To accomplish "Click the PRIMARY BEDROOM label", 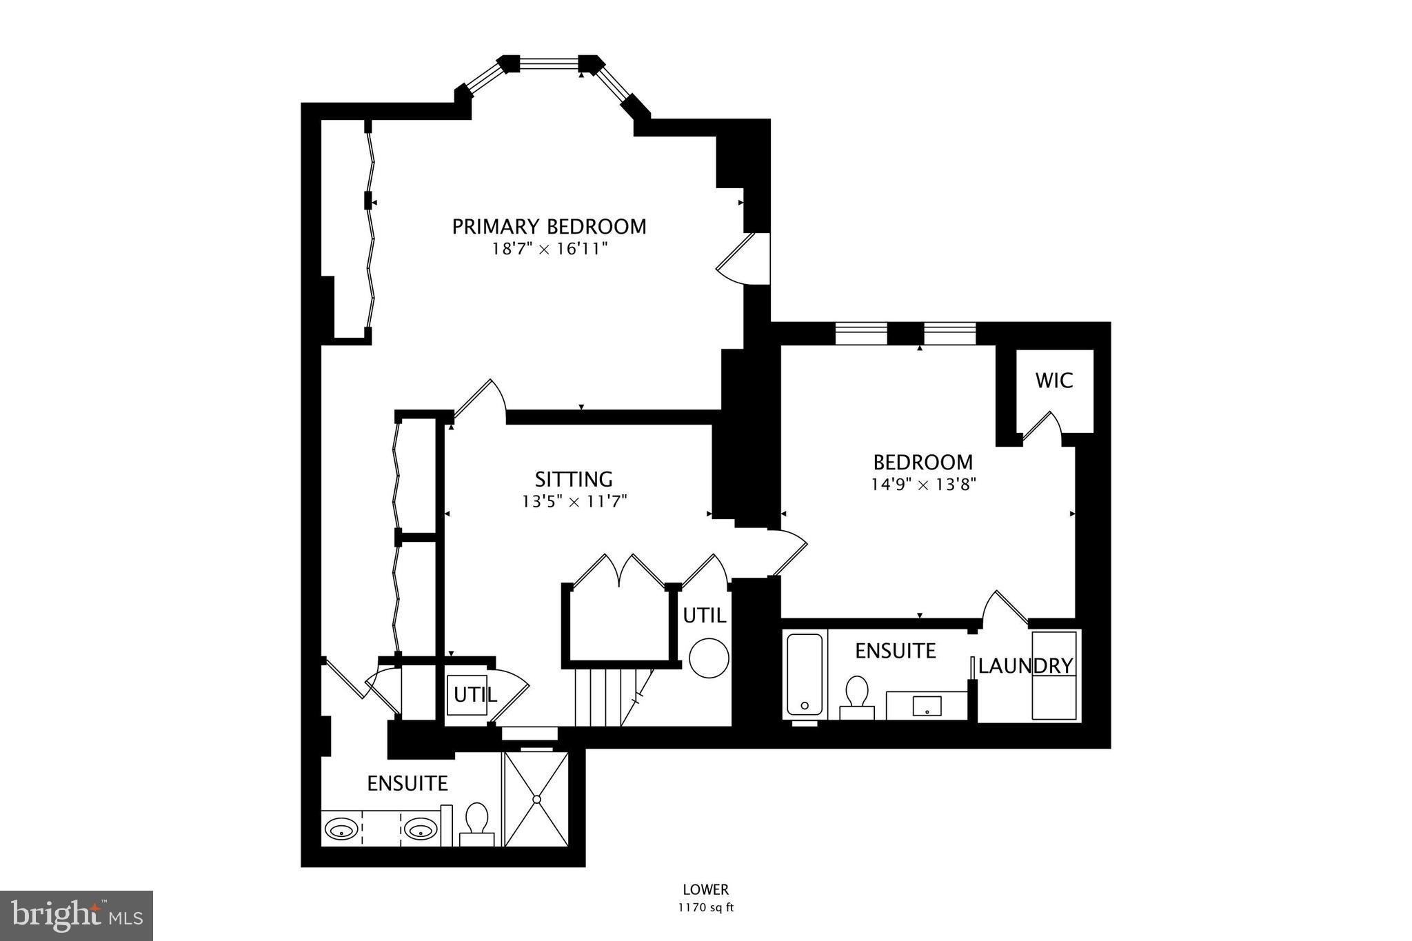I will [549, 226].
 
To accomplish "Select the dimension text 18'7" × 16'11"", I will [549, 249].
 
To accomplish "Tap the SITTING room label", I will [574, 478].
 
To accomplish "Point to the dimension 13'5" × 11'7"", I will [574, 501].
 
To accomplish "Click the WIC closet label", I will [1053, 381].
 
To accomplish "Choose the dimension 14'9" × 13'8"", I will [923, 484].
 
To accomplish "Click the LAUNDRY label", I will [1025, 666].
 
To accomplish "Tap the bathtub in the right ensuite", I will [805, 674].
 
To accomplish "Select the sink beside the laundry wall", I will [927, 705].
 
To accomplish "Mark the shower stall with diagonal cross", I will [536, 798].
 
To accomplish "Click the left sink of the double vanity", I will [341, 828].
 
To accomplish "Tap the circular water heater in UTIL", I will [709, 658].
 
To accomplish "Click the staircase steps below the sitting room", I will [607, 696].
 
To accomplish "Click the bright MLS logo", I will [77, 915].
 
